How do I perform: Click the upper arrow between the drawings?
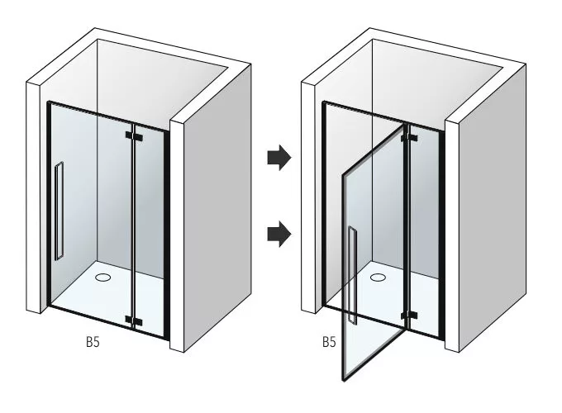[279, 158]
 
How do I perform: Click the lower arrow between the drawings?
[279, 234]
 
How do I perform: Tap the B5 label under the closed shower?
[93, 342]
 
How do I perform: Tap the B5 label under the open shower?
[329, 342]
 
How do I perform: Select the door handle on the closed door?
[59, 211]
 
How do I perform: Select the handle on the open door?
[352, 275]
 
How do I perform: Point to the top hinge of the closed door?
[134, 136]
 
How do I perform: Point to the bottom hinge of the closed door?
[134, 320]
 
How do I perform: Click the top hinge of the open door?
[409, 138]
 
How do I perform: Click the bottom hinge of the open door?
[409, 316]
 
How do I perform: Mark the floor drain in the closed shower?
[102, 277]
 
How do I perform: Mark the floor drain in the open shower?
[378, 277]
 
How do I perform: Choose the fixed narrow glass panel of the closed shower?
[150, 230]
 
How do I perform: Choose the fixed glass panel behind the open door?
[425, 230]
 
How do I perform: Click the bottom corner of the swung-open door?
[343, 381]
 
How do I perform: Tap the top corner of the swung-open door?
[405, 125]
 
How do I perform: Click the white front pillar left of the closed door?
[33, 197]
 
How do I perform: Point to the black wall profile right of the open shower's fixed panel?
[442, 233]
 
